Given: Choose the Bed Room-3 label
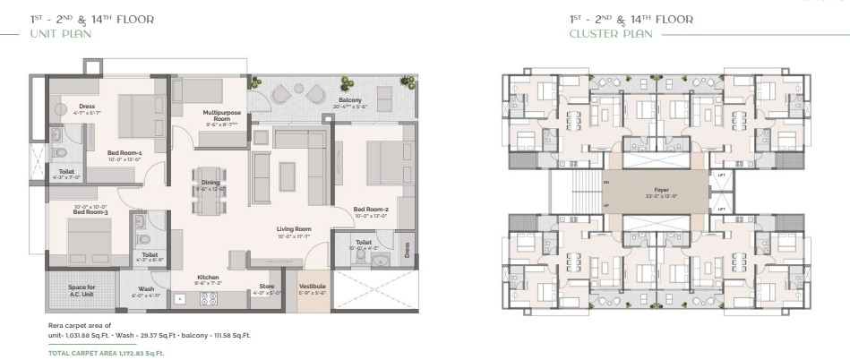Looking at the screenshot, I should tap(90, 212).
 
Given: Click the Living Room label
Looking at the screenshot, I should tap(293, 229).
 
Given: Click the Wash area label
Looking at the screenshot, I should tap(145, 287).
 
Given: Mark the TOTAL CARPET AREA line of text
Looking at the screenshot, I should tap(106, 353).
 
